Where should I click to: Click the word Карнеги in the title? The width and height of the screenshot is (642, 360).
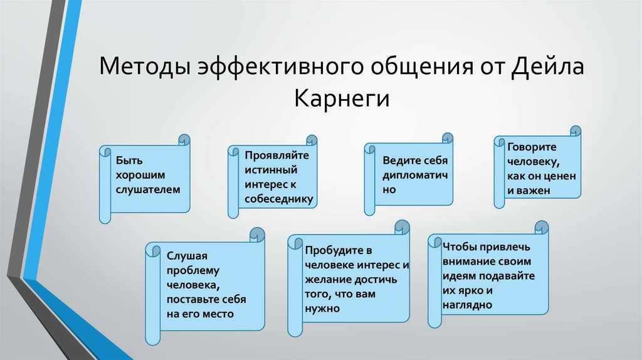tap(342, 98)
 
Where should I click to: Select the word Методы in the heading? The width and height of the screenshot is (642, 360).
tap(145, 66)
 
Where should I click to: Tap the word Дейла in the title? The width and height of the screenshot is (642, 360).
tap(547, 66)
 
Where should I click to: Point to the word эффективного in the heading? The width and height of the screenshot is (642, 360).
tap(280, 66)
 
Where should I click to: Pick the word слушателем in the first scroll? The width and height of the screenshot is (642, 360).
tap(148, 189)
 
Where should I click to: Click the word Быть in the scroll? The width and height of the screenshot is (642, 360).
tap(129, 160)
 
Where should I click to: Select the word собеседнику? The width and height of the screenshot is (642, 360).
tap(279, 199)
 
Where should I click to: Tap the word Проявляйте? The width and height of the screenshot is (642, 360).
tap(276, 155)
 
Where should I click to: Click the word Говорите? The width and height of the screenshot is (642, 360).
tap(532, 147)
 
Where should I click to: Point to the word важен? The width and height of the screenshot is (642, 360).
tap(534, 191)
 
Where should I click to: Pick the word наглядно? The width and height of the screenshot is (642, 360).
tap(467, 305)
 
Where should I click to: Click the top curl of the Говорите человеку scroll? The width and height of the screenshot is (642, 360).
tap(576, 131)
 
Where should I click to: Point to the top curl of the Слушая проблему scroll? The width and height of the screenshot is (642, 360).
tap(257, 235)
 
